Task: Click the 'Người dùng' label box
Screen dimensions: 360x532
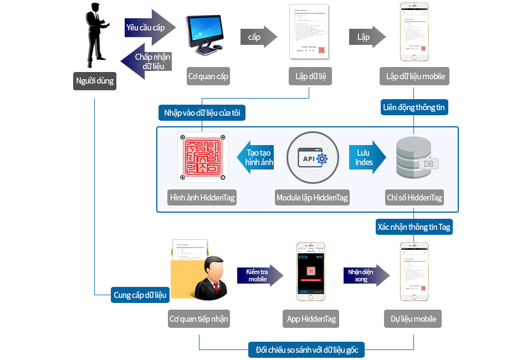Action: [94, 81]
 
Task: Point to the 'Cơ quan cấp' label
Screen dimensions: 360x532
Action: [208, 76]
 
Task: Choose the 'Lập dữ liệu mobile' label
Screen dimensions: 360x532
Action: [415, 76]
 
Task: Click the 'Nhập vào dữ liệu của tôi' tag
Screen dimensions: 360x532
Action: [202, 113]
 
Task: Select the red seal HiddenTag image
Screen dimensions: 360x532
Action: [202, 157]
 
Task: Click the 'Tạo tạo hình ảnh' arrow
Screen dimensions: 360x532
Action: [255, 157]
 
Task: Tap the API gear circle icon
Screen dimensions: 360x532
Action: [313, 158]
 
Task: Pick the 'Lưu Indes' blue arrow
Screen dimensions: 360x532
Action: [366, 157]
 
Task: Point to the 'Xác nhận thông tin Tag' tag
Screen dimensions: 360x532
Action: [414, 227]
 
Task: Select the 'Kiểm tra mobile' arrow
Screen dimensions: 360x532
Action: [259, 275]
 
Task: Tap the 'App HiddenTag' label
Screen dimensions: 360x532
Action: [311, 319]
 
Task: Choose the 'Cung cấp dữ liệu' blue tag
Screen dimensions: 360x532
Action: [140, 295]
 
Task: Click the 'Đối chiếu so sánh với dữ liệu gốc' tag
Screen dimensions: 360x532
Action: [306, 350]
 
